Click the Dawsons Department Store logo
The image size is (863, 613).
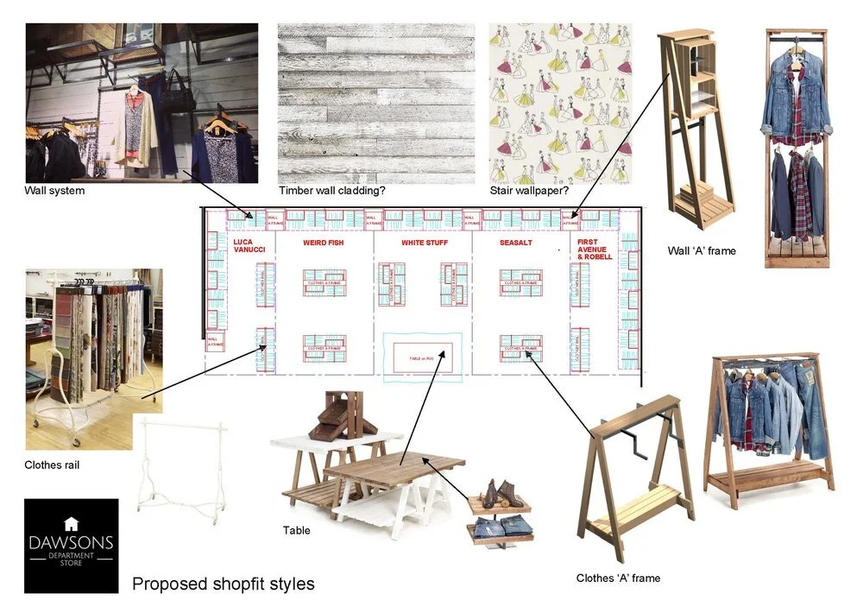71,545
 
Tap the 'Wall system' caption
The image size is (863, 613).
55,191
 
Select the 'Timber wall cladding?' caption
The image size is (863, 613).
332,191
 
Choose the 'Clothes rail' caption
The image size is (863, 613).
52,465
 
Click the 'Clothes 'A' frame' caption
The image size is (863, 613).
618,578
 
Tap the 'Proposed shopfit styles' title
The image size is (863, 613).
223,585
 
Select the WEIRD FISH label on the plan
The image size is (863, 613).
323,243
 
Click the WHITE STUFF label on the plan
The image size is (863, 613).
423,243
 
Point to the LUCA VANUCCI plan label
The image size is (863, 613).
249,246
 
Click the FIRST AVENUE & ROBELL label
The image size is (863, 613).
594,250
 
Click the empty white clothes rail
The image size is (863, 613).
182,471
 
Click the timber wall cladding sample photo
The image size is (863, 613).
375,104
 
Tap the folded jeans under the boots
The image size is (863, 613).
501,525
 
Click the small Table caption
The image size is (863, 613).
297,530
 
